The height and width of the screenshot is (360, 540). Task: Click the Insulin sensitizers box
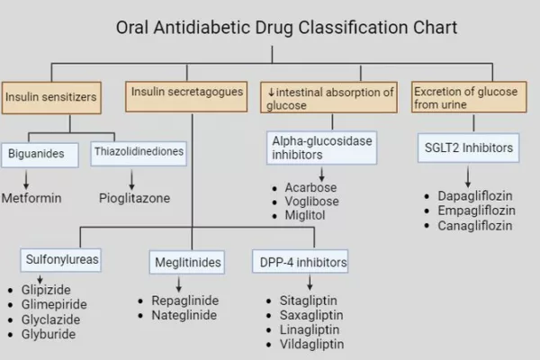pos(51,98)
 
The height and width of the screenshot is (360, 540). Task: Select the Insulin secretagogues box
pos(186,96)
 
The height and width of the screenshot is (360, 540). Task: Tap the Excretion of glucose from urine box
pos(469,97)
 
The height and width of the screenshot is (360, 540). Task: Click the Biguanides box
pos(40,156)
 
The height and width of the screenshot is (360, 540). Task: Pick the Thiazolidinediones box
pos(139,154)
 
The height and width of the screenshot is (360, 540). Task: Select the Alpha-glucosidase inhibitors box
pos(321,148)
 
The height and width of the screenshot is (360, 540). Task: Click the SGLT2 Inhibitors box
pos(468,148)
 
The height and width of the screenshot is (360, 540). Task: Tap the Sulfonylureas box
pos(60,260)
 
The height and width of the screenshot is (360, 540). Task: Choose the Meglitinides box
pos(187,262)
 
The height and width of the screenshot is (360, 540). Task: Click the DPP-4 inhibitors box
pos(300,262)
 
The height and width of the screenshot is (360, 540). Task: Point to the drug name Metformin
pos(31,198)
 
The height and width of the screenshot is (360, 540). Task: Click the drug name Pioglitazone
pos(134,198)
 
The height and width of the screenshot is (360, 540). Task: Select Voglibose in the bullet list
pos(311,202)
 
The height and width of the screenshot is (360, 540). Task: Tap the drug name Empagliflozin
pos(477,211)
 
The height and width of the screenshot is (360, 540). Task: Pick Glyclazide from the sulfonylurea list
pos(50,319)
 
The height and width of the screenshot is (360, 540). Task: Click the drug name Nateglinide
pos(184,315)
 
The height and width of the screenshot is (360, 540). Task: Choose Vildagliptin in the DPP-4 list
pos(311,344)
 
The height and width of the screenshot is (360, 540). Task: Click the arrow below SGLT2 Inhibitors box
pos(468,177)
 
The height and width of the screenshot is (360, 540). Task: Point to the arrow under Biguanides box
pos(26,180)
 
